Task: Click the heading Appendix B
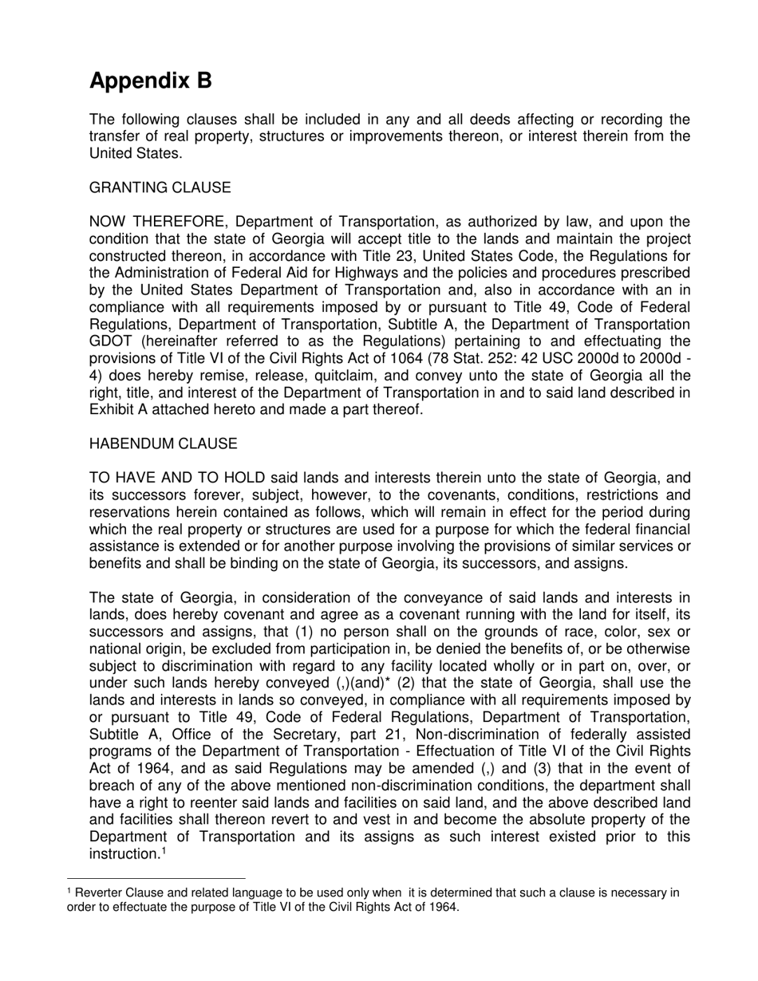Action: (x=151, y=81)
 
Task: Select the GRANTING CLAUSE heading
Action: (x=160, y=187)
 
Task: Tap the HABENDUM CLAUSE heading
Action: (x=163, y=443)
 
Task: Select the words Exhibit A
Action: (x=117, y=410)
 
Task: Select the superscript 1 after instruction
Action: (x=164, y=851)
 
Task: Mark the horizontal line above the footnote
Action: (x=156, y=879)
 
